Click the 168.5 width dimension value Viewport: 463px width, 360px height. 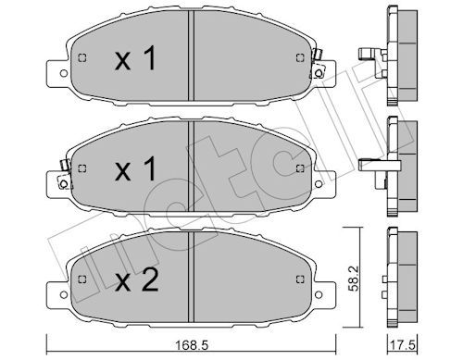point(192,345)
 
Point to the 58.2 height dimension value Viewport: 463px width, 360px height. point(354,279)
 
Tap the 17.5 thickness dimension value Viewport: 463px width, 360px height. point(404,345)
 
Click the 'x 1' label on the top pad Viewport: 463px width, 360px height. point(136,58)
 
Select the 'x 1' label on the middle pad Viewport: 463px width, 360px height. point(136,168)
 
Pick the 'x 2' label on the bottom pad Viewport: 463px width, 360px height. point(137,279)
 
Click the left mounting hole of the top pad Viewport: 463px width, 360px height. point(64,73)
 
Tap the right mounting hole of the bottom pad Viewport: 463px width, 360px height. point(319,295)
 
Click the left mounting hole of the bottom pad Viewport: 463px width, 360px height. point(64,295)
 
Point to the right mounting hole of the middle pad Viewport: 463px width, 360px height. point(319,184)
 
